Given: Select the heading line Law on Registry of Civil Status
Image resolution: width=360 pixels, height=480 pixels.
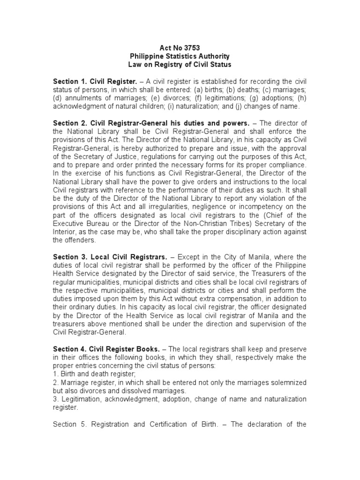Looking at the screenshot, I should coord(180,65).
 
